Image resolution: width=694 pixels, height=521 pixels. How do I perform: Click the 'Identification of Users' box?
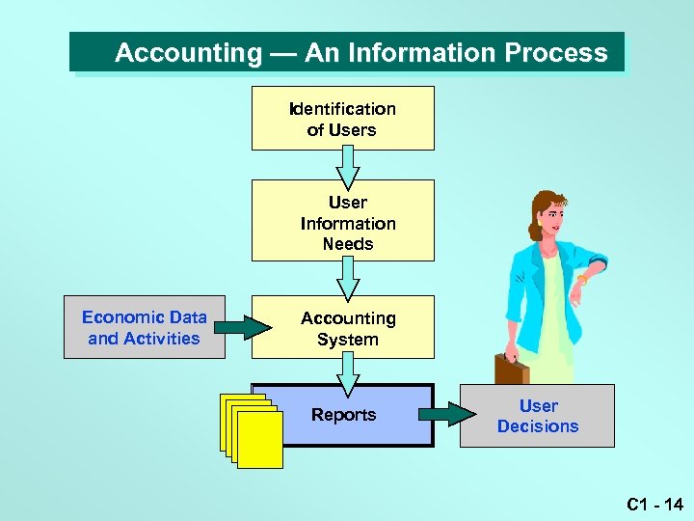coord(342,118)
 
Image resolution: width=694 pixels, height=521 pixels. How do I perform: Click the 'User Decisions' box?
coord(537,416)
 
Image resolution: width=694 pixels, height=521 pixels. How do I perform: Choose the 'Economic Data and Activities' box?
coord(145,327)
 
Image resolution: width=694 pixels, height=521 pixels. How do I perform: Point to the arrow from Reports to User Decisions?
coord(447,415)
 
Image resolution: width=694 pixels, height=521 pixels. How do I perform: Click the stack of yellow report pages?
coord(253,433)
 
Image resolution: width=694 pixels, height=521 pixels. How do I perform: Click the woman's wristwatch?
coord(582,280)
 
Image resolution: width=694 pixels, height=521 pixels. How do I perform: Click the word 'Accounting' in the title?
coord(188,53)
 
